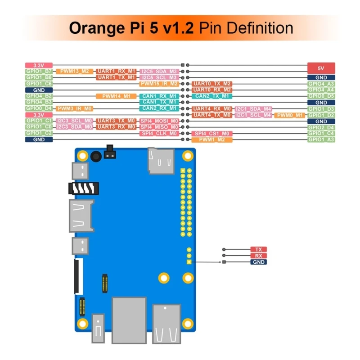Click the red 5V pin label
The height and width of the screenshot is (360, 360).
321,68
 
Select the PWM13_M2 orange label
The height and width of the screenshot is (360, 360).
75,71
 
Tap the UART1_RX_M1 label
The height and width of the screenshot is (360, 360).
116,71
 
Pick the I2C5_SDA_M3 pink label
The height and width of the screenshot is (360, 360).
159,71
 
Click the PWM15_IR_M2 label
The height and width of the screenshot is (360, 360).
159,84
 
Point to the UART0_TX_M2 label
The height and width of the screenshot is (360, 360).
212,84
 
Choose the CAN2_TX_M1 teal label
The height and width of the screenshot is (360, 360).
212,96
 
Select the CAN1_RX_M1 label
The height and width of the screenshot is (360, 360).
159,96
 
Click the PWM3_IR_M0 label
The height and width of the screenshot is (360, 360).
75,108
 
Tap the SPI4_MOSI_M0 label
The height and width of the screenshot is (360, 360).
159,121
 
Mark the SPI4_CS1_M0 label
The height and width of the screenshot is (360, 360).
212,134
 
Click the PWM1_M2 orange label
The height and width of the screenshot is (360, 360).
212,140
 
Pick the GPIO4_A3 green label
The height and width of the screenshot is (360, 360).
321,84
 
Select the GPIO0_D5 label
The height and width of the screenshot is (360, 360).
321,96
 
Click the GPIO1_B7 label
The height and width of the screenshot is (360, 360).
39,71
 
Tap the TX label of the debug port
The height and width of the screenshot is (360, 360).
258,249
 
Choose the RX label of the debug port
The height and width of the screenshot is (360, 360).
258,256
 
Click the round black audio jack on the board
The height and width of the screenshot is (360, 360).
95,157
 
